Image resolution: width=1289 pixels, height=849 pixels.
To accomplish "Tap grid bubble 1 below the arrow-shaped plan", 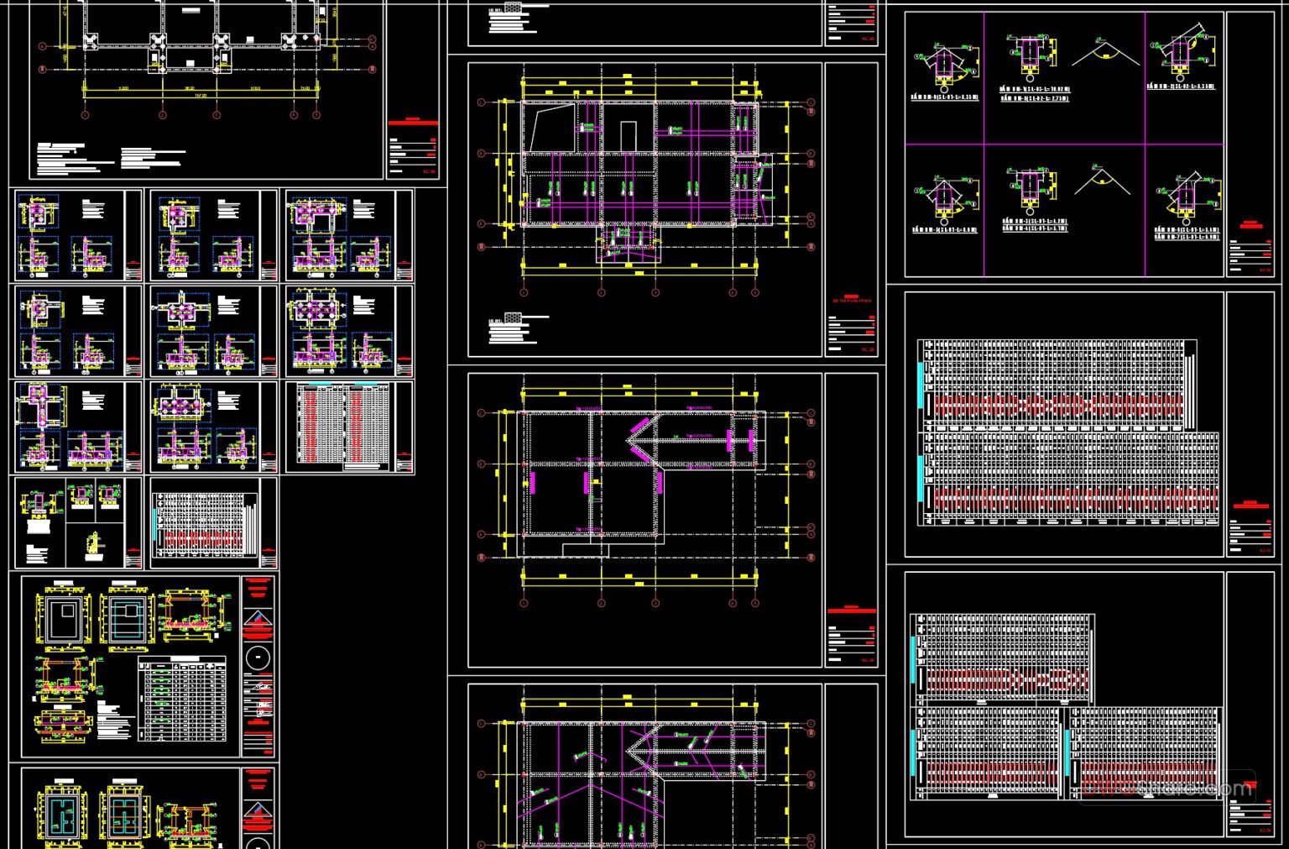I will pyautogui.click(x=524, y=603).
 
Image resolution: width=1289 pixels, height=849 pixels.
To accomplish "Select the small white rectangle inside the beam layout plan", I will pyautogui.click(x=628, y=134).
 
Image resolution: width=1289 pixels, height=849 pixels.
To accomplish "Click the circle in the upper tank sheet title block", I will pyautogui.click(x=259, y=657).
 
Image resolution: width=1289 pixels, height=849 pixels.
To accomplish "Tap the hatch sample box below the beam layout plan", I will pyautogui.click(x=514, y=317).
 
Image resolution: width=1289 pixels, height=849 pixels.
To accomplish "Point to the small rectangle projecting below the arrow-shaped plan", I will pyautogui.click(x=585, y=550).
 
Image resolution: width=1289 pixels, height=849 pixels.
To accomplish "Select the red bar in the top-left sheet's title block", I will pyautogui.click(x=413, y=121).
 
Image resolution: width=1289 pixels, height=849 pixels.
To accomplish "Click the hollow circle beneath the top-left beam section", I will pyautogui.click(x=944, y=86).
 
